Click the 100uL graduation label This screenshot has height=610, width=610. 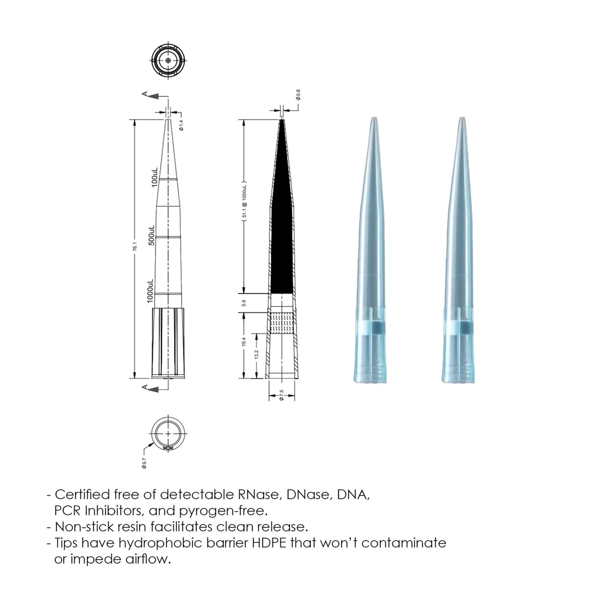155,177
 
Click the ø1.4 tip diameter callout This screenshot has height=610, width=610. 181,125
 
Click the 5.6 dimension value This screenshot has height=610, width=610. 244,303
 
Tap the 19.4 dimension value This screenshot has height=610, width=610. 244,342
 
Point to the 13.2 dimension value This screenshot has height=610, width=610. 256,355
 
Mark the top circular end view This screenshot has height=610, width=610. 168,61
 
